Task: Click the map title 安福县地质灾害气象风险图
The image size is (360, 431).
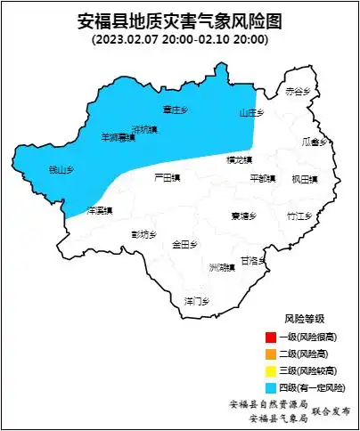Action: [179, 21]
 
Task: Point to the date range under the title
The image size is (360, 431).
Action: [179, 39]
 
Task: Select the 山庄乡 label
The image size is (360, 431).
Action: [252, 113]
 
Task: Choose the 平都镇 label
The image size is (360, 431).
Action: [263, 178]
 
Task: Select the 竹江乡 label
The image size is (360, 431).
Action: [299, 215]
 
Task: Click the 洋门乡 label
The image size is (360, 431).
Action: [196, 299]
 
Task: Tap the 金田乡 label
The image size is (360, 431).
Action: [185, 243]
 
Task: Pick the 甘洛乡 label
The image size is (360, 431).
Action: [254, 261]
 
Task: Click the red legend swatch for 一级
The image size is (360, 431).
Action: [270, 337]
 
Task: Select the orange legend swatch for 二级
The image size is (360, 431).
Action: [270, 354]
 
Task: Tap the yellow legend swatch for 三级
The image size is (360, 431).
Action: [270, 370]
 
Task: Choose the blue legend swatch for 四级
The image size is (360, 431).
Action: [270, 387]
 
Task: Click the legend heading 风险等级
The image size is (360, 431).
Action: [304, 319]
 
